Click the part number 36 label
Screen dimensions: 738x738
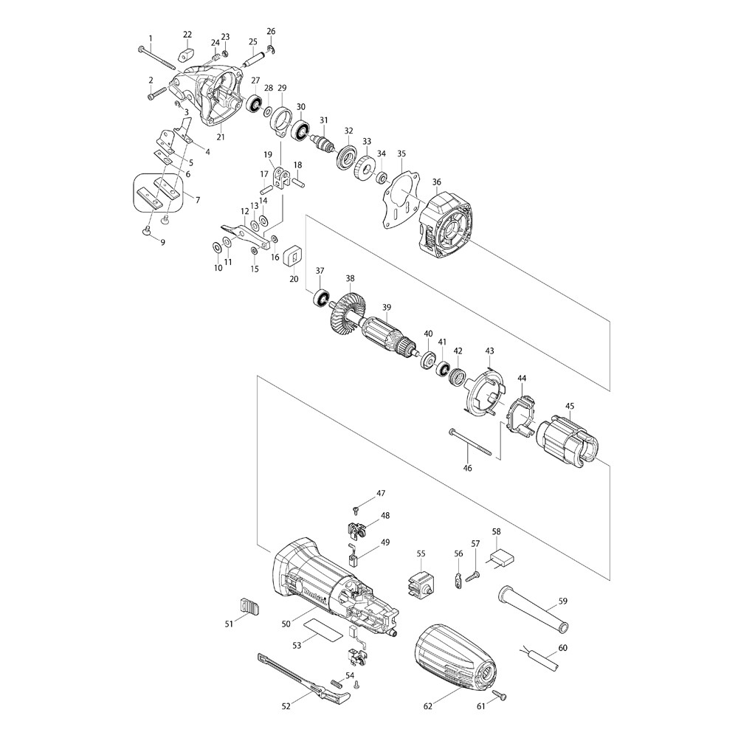click(x=437, y=182)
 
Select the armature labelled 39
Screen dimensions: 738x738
click(x=386, y=336)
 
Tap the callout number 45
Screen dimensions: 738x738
click(x=570, y=406)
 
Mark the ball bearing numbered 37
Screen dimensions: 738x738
click(x=322, y=298)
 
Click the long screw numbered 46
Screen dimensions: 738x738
click(x=469, y=441)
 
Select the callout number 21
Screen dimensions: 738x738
click(x=221, y=137)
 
